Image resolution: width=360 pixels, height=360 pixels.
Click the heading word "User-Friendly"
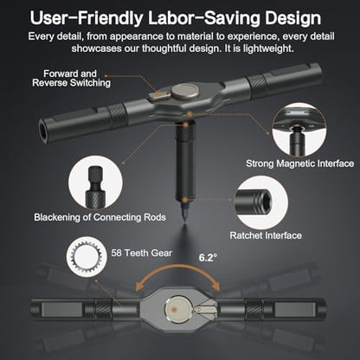87,18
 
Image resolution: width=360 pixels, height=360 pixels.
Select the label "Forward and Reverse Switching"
71,78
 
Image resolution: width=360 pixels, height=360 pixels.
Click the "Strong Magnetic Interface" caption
299,164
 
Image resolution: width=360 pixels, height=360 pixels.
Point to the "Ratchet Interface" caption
266,235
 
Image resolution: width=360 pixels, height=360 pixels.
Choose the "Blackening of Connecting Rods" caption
100,217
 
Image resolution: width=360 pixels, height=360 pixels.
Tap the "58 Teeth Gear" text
141,253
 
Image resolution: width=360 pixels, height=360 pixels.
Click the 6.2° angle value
208,257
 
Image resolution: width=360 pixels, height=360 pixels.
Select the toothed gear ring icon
87,256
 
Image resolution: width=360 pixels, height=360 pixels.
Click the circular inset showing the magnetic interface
299,130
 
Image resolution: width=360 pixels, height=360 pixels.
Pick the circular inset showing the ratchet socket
260,202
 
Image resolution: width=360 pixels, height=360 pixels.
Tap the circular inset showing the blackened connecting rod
95,183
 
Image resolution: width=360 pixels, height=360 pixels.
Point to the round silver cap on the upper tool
184,91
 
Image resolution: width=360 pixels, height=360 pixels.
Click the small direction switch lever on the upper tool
157,96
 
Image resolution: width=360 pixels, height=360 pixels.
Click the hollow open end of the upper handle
42,131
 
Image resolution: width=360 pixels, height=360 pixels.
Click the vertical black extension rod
185,162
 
